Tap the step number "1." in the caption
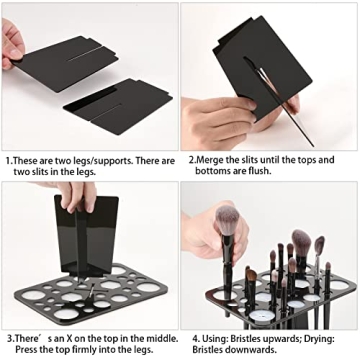pyautogui.click(x=9, y=160)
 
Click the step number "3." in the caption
pyautogui.click(x=9, y=339)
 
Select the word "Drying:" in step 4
pyautogui.click(x=320, y=339)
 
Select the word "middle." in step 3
pyautogui.click(x=153, y=339)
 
